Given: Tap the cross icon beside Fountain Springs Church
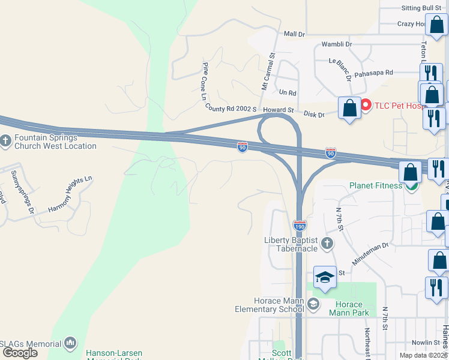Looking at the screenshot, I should (5, 142).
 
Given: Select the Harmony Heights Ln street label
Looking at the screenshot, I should (71, 194).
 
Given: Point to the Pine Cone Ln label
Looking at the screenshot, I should (205, 82).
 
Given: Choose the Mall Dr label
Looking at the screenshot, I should (295, 34).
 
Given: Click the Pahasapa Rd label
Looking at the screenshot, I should (373, 72).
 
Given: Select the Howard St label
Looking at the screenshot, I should (278, 110).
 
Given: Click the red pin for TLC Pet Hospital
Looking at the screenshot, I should (365, 105).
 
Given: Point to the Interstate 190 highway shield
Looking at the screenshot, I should (300, 226).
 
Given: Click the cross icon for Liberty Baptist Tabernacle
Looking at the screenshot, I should (327, 244).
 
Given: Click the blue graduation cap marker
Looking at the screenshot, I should (325, 277).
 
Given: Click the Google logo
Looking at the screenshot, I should (20, 352).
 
